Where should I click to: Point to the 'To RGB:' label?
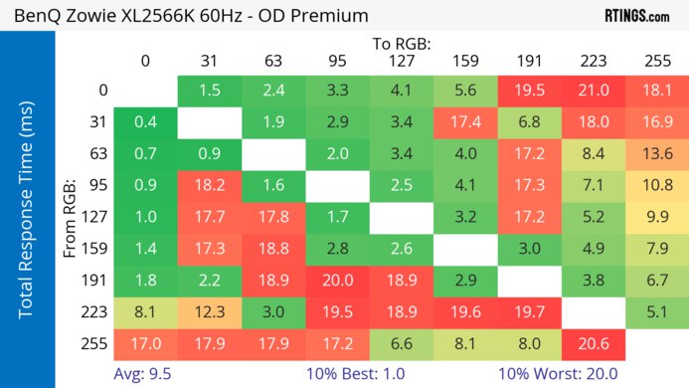coord(401,44)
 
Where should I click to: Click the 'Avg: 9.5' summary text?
coord(143,375)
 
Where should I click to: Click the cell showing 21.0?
coord(593,91)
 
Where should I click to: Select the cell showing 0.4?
coord(145,122)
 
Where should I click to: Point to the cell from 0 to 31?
coord(209,91)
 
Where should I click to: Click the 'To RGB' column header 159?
coord(464,61)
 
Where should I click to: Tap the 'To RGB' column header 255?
coord(656,61)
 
